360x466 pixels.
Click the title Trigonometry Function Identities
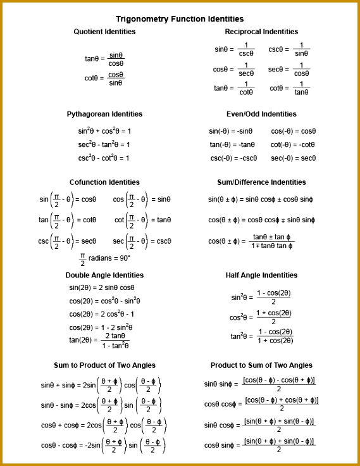[180, 20]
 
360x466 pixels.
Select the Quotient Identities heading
[104, 32]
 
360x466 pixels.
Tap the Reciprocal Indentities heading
[261, 32]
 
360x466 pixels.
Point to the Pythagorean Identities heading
[104, 114]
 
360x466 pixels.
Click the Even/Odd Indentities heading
[261, 114]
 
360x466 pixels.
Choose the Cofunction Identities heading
[104, 182]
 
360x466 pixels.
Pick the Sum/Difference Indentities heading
[261, 182]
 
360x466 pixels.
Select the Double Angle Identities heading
[104, 275]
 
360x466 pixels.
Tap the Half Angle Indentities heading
[261, 275]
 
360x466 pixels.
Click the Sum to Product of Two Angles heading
[104, 365]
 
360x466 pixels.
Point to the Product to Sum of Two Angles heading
[261, 365]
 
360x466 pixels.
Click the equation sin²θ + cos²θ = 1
[104, 131]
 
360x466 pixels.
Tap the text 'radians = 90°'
[108, 258]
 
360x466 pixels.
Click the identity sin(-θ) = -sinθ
[231, 132]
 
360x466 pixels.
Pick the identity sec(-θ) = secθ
[293, 158]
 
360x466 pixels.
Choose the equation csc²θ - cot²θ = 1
[104, 158]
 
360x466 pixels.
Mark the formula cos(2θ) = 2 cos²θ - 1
[101, 314]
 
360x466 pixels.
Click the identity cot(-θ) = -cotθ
[293, 145]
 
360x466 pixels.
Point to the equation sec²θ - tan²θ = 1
[104, 145]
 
